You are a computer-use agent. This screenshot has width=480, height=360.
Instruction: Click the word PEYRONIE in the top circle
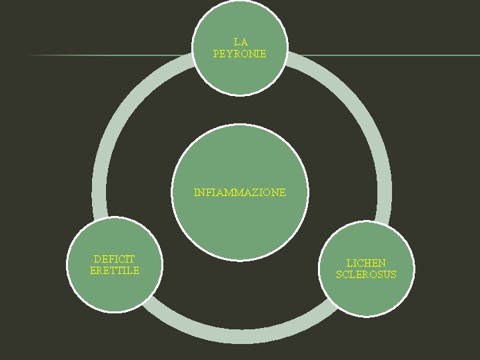239,53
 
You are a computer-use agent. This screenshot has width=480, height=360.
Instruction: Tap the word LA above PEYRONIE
240,42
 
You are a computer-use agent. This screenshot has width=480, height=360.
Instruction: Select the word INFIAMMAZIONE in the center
240,193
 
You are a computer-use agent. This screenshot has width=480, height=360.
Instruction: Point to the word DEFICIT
114,259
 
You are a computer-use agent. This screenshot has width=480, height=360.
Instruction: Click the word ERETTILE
115,271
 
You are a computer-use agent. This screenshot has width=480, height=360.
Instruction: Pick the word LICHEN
366,263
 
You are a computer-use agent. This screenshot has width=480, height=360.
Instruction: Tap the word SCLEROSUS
366,275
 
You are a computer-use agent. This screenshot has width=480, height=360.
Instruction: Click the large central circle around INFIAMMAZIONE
240,227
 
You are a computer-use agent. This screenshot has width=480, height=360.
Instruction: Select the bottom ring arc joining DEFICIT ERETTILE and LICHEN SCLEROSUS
240,337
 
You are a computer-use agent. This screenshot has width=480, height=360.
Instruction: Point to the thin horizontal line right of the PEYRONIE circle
387,55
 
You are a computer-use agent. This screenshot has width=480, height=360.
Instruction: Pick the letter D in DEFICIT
97,259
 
